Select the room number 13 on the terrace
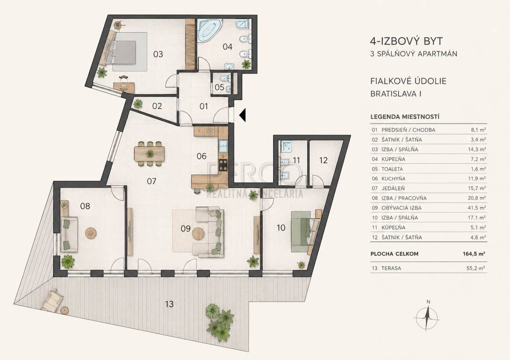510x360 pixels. coord(169,304)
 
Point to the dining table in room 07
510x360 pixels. coord(149,154)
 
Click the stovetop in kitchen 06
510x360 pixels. coord(224,165)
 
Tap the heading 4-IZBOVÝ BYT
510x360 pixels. coord(407,41)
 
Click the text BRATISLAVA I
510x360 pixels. coord(396,94)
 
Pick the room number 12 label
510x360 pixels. coord(323,160)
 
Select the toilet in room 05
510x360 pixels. coord(224,79)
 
